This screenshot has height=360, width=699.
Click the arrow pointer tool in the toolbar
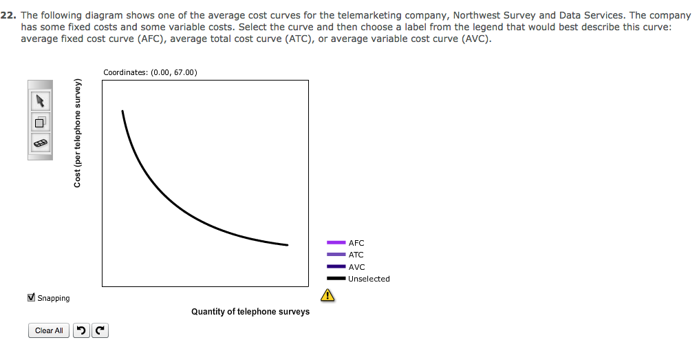(40, 100)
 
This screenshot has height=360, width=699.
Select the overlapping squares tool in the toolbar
(40, 122)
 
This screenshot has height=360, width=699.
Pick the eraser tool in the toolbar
(40, 143)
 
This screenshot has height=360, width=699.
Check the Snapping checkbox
(31, 297)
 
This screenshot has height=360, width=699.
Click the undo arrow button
(81, 330)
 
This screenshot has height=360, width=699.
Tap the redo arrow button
(100, 330)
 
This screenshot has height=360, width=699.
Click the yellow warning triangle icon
(327, 295)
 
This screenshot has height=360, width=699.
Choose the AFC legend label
(356, 243)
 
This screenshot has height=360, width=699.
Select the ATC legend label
(356, 255)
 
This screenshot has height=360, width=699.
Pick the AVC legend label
(356, 267)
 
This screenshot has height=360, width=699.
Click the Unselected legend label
(369, 279)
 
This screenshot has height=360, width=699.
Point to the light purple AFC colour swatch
(336, 243)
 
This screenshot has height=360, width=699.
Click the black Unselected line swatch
(336, 279)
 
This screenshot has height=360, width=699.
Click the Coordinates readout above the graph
(150, 72)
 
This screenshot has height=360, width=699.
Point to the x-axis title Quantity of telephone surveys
(250, 311)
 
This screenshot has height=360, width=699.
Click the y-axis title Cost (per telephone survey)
(78, 133)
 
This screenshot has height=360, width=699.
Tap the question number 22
(8, 16)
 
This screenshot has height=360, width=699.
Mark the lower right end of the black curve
(288, 245)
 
